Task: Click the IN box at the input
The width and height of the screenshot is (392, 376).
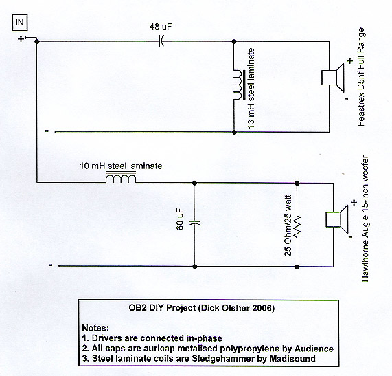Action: [20, 23]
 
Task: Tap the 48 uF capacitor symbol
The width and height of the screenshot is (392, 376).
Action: [161, 41]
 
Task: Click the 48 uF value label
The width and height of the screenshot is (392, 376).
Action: [161, 27]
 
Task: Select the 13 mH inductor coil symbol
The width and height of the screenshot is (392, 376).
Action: [239, 85]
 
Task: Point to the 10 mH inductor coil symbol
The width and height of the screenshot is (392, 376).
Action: [121, 177]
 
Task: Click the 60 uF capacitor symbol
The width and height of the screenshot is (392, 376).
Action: [194, 222]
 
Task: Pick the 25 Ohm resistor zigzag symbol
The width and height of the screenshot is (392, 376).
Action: [297, 226]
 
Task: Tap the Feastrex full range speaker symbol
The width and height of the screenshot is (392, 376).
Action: [333, 78]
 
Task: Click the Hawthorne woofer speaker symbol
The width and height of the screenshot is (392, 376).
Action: [337, 219]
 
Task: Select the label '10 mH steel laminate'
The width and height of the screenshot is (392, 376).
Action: [121, 166]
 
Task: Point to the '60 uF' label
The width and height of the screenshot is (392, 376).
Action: [180, 219]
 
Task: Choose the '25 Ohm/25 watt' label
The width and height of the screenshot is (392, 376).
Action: [288, 225]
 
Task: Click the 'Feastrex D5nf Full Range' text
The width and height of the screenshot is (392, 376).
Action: [361, 77]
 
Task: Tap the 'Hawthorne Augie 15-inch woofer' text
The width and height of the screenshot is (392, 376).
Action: [365, 219]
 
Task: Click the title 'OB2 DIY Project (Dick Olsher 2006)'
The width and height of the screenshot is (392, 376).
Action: [202, 307]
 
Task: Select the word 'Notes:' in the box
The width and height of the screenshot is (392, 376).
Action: [95, 328]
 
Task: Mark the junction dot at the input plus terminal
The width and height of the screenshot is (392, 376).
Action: [37, 41]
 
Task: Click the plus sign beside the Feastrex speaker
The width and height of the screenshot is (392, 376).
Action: [349, 60]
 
